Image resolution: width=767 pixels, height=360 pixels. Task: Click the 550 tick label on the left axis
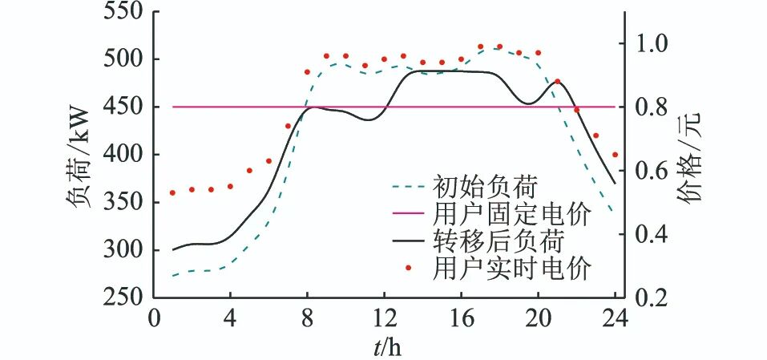pos(121,12)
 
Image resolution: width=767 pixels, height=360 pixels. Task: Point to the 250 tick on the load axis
pos(121,297)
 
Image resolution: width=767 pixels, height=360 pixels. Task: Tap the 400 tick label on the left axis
pos(121,155)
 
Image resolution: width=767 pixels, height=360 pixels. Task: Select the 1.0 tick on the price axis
pos(655,43)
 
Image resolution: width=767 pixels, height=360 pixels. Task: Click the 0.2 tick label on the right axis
pos(655,297)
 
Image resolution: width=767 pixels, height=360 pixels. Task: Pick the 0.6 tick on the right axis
pos(655,171)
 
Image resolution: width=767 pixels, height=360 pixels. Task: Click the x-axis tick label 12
pos(384,316)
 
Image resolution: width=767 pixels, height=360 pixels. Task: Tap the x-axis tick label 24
pos(616,316)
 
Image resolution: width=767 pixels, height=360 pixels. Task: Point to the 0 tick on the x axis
pos(155,316)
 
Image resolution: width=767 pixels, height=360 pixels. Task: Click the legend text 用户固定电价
pos(511,214)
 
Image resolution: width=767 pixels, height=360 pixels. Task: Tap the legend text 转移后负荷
pos(499,241)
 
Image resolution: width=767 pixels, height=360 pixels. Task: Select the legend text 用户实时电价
pos(511,268)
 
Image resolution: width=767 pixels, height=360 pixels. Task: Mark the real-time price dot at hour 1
pos(172,193)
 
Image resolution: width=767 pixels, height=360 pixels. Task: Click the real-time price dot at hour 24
pos(615,155)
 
